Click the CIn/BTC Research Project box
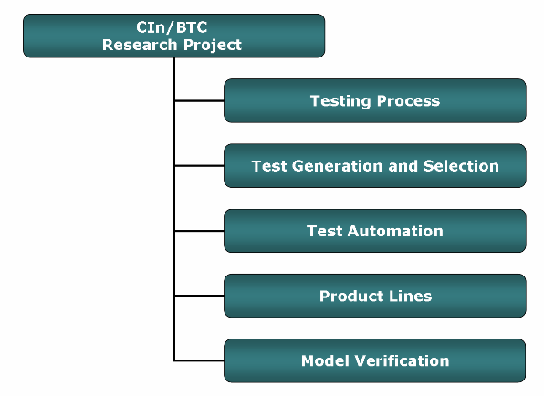point(173,36)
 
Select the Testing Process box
point(375,101)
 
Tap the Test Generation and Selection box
point(375,166)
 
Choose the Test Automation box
point(375,231)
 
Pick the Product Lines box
point(375,296)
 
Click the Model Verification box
point(375,360)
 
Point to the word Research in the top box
point(141,45)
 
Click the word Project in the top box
point(213,46)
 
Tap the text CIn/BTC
point(172,27)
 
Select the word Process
point(408,101)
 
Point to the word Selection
point(461,166)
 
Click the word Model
point(325,361)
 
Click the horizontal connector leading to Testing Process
point(199,101)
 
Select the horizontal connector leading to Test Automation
point(199,231)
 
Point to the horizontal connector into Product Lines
point(199,296)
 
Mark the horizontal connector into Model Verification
point(199,360)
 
